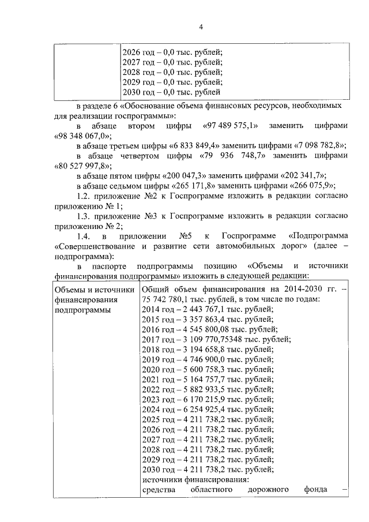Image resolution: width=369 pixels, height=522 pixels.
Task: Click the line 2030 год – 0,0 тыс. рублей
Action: click(172, 92)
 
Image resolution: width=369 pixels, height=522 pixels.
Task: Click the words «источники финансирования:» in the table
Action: click(195, 480)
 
